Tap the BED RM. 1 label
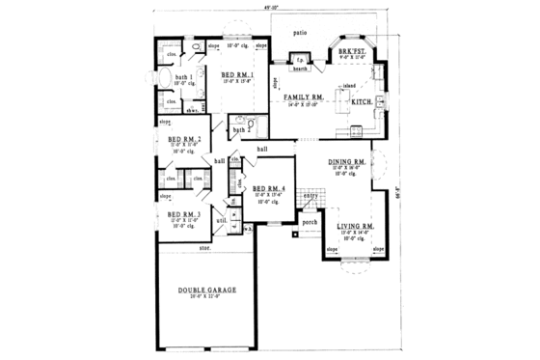pyautogui.click(x=237, y=75)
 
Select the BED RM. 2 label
pyautogui.click(x=183, y=139)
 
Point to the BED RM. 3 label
pyautogui.click(x=183, y=214)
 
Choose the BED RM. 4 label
pyautogui.click(x=267, y=188)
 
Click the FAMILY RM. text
pyautogui.click(x=303, y=98)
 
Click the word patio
pyautogui.click(x=303, y=33)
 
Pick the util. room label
pyautogui.click(x=221, y=220)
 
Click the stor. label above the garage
pyautogui.click(x=204, y=248)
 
